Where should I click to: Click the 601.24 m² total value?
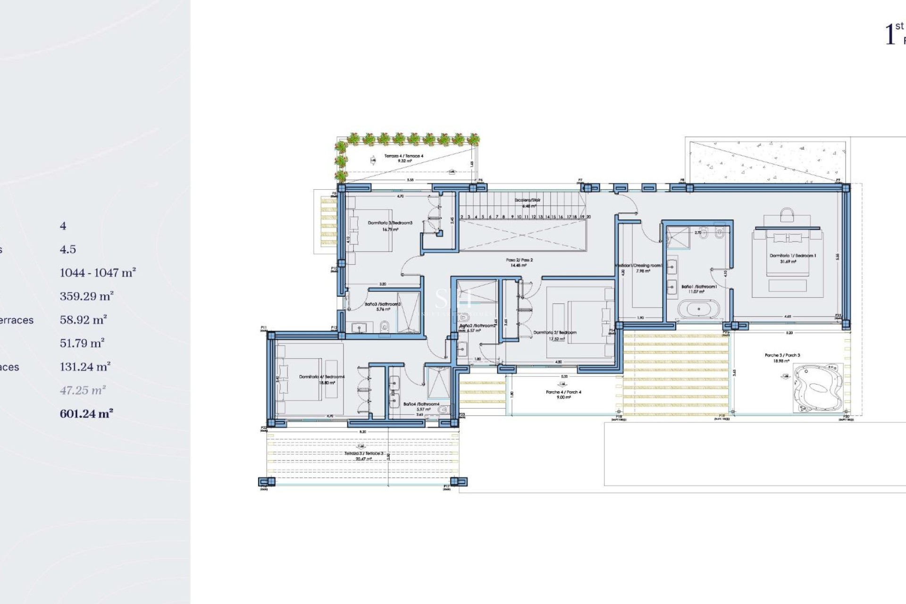coord(86,414)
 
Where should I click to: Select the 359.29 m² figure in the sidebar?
coord(86,296)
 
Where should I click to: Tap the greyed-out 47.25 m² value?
coord(83,390)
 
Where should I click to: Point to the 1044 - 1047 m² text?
coord(98,273)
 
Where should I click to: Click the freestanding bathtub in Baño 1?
coord(698,310)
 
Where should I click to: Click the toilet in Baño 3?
coord(385,326)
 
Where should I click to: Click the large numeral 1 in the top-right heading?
coord(890,34)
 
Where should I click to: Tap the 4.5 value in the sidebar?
coord(67,249)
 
